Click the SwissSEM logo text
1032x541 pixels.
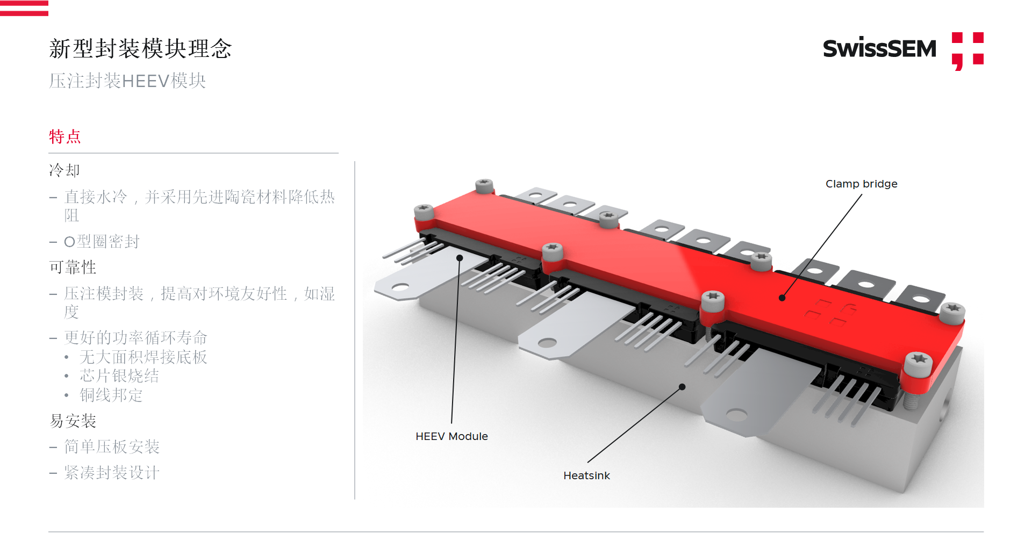tap(879, 49)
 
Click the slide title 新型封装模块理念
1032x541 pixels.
tap(140, 49)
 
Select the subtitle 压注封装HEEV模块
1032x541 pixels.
tap(127, 81)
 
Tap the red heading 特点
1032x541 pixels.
tap(65, 136)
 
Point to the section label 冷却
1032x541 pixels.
tap(64, 170)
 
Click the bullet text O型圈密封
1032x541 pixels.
tap(102, 242)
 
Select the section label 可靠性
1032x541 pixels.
tap(73, 267)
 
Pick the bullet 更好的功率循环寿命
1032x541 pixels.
tap(135, 337)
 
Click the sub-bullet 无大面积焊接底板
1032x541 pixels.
tap(144, 357)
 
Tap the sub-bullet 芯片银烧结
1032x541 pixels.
tap(119, 376)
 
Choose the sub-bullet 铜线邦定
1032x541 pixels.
tap(111, 395)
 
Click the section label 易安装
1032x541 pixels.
tap(73, 421)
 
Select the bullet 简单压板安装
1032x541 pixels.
tap(112, 446)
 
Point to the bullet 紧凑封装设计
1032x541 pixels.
tap(112, 473)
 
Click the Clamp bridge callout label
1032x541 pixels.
tap(861, 184)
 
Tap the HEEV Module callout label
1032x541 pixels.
tap(451, 436)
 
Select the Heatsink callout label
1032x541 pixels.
tap(586, 475)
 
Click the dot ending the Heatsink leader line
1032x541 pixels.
tap(682, 387)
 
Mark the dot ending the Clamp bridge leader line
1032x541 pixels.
tap(782, 298)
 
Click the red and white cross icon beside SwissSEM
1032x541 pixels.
tap(967, 51)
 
